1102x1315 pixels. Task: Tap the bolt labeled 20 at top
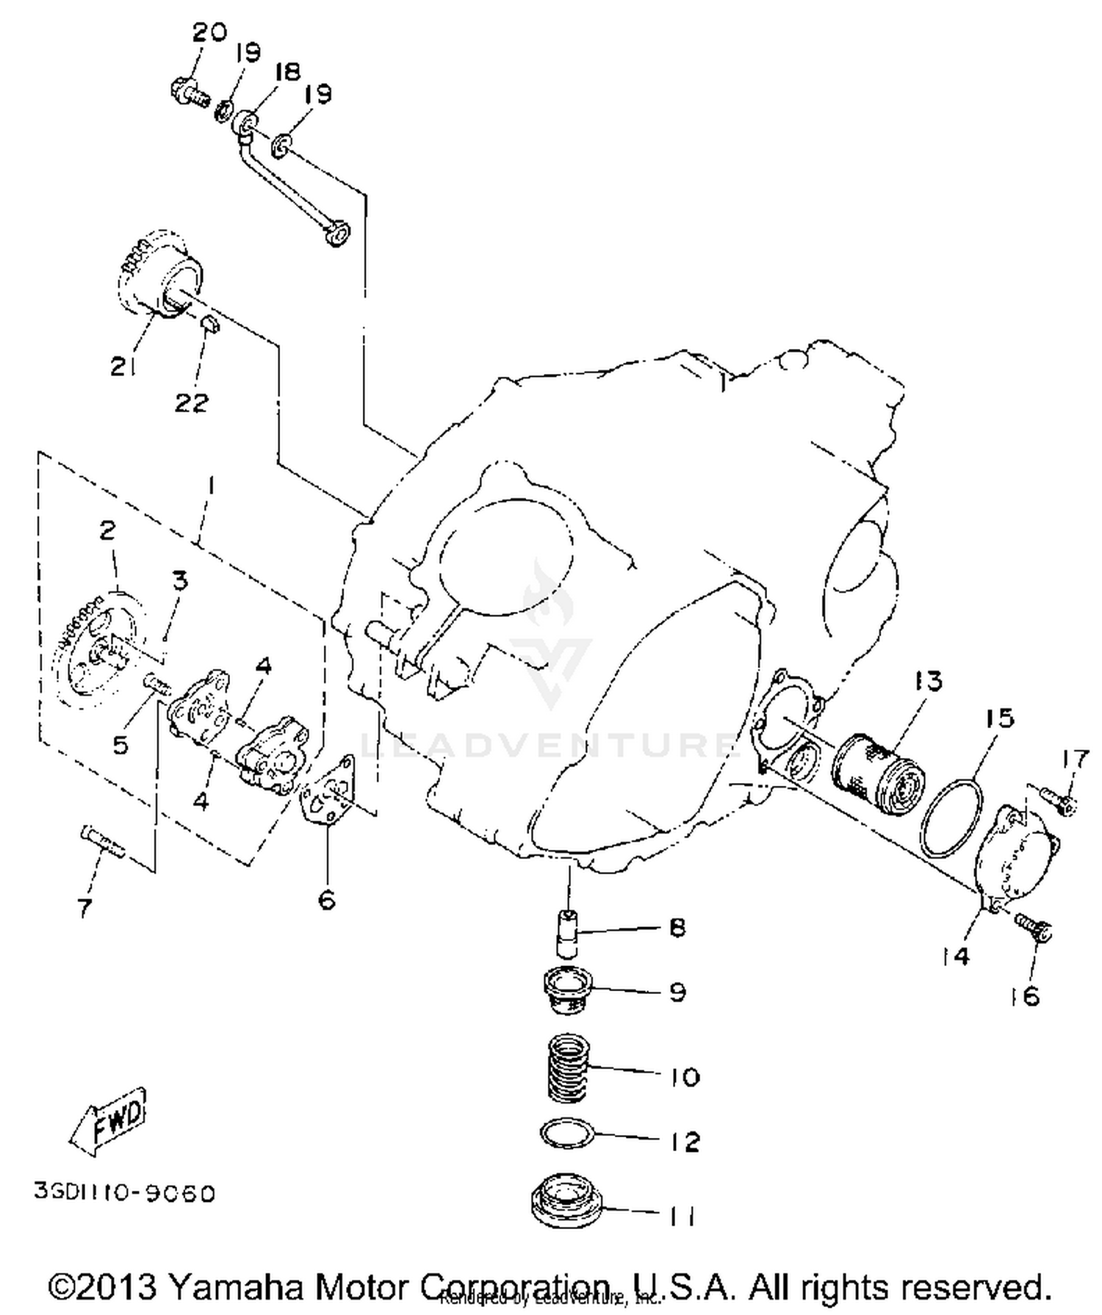coord(190,93)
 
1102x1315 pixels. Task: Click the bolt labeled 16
coord(1034,927)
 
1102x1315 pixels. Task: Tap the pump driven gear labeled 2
coord(96,646)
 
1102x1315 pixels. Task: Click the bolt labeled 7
coord(101,842)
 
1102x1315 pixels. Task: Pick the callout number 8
coord(677,928)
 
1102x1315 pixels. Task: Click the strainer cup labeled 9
coord(566,991)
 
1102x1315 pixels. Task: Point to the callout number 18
coord(287,72)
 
